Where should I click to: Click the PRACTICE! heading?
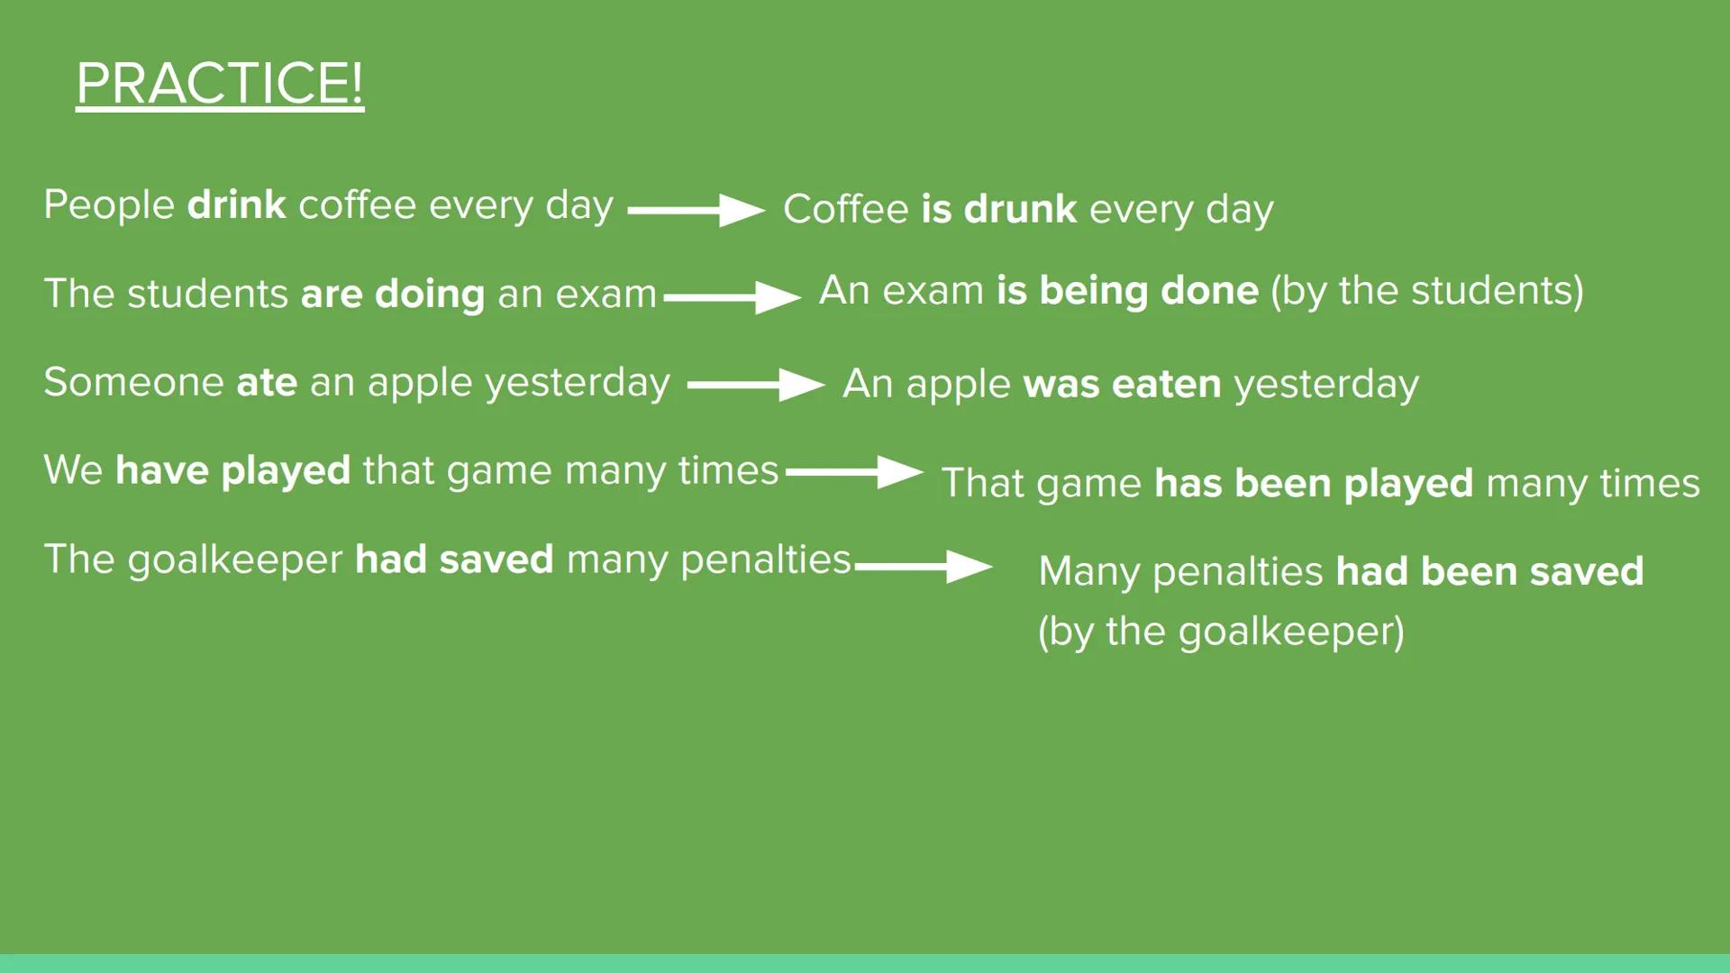pyautogui.click(x=220, y=85)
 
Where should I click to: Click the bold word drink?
pyautogui.click(x=237, y=205)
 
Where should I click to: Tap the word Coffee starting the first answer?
pyautogui.click(x=846, y=209)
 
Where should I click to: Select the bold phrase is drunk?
pyautogui.click(x=998, y=209)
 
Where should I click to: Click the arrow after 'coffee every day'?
pyautogui.click(x=696, y=210)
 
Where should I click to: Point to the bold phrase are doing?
pyautogui.click(x=393, y=294)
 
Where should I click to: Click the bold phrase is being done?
pyautogui.click(x=1127, y=291)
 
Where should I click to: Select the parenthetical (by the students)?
pyautogui.click(x=1427, y=291)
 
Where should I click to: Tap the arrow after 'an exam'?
pyautogui.click(x=733, y=297)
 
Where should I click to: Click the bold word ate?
pyautogui.click(x=267, y=382)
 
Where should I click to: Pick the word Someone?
pyautogui.click(x=134, y=382)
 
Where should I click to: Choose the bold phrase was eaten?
pyautogui.click(x=1123, y=384)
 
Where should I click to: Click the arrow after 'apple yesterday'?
pyautogui.click(x=756, y=385)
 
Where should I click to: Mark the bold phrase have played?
pyautogui.click(x=232, y=470)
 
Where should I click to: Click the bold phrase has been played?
pyautogui.click(x=1314, y=483)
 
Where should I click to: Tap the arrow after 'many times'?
pyautogui.click(x=854, y=471)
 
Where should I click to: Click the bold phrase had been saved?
pyautogui.click(x=1489, y=571)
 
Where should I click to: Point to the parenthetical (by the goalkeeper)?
pyautogui.click(x=1221, y=632)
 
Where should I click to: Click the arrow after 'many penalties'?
pyautogui.click(x=924, y=567)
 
